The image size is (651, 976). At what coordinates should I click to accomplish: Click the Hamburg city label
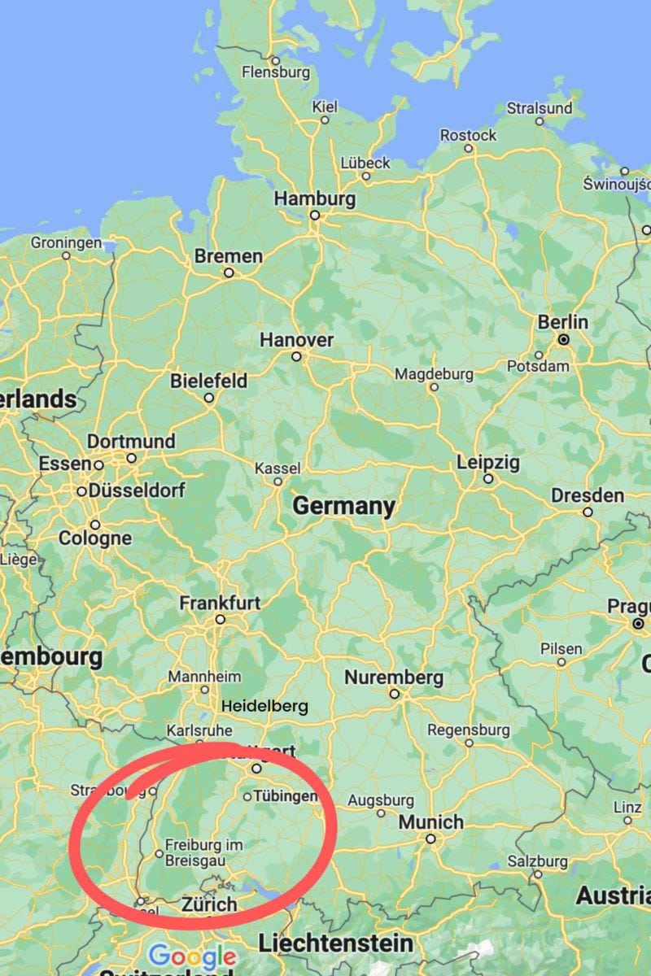tap(314, 198)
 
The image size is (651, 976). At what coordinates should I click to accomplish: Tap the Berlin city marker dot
tap(563, 339)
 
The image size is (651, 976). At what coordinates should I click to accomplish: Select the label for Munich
tap(430, 822)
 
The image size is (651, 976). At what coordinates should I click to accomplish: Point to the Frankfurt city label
tap(220, 603)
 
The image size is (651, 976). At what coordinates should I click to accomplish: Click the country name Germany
tap(343, 506)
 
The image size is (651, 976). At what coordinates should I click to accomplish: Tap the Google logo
tap(192, 956)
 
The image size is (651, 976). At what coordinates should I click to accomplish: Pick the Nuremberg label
tap(394, 678)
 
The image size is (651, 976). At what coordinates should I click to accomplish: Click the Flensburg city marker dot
tap(275, 60)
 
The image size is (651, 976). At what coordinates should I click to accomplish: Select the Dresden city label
tap(588, 495)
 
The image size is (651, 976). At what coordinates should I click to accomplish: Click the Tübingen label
tap(283, 795)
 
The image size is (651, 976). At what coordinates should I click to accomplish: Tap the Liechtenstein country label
tap(335, 943)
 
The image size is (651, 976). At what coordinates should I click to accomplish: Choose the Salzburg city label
tap(537, 861)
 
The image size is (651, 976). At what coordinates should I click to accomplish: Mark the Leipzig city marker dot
tap(488, 479)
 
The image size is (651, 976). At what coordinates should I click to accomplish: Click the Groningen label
tap(67, 242)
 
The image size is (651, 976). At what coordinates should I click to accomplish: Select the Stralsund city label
tap(540, 108)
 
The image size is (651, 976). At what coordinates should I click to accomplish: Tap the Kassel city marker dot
tap(277, 481)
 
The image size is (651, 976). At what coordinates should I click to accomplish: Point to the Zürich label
tap(209, 904)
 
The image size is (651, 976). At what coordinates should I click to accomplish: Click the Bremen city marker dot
tap(229, 273)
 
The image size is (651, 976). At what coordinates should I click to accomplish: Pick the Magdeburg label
tap(434, 374)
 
